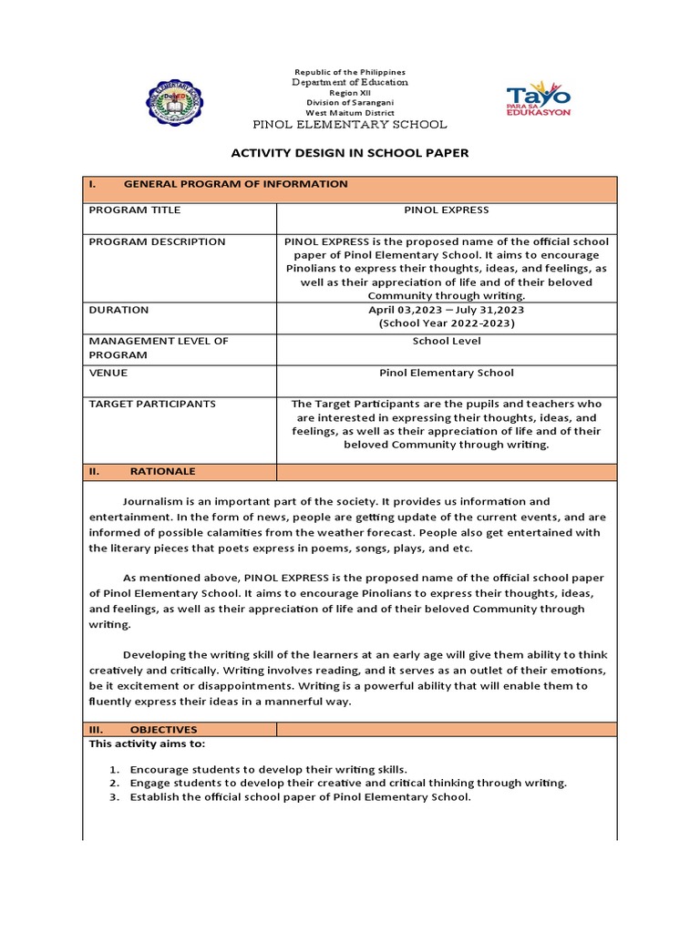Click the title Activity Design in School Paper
click(x=350, y=153)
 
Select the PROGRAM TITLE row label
click(x=134, y=210)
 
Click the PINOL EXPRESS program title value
click(x=447, y=210)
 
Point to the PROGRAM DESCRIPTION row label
click(x=157, y=242)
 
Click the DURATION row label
click(x=118, y=310)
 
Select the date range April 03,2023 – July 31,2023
click(x=447, y=310)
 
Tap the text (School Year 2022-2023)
click(x=447, y=323)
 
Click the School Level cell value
click(x=447, y=341)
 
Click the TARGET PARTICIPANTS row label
click(x=152, y=404)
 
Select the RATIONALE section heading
click(x=162, y=472)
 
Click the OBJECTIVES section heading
click(x=163, y=730)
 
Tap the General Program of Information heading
click(x=235, y=184)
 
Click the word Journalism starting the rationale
click(x=153, y=502)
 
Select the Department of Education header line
click(x=350, y=83)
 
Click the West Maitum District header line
click(x=350, y=112)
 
